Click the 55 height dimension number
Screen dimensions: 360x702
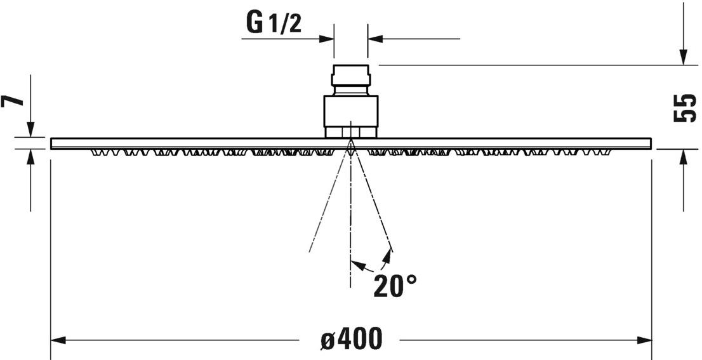click(684, 108)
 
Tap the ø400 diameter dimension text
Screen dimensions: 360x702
click(351, 340)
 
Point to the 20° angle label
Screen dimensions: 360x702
click(394, 286)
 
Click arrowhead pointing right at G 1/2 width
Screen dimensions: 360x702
click(326, 39)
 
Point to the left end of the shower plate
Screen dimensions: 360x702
click(52, 143)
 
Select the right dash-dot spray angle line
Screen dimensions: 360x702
click(373, 203)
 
